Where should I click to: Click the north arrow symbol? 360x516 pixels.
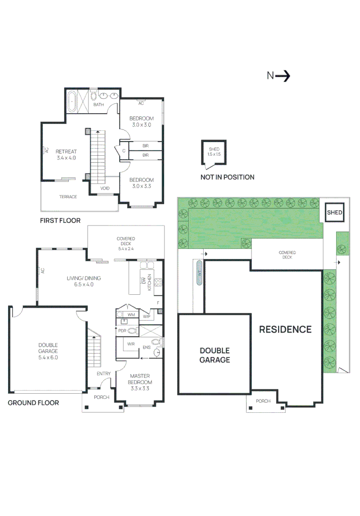coord(283,76)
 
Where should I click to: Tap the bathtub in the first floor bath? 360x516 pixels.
coord(72,101)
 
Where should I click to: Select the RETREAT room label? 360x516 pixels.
coord(66,151)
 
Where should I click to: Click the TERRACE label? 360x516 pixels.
coord(68,197)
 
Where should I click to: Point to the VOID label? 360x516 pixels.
coord(105,188)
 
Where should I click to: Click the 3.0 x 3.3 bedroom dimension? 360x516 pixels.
coord(142,186)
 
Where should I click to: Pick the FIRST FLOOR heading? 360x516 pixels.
coord(60,220)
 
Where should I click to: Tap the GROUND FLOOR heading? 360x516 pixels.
coord(33,403)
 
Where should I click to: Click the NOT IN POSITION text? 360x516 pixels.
coord(227,177)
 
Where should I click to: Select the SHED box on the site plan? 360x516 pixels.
coord(334,212)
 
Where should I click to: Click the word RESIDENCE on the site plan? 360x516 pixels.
coord(285,329)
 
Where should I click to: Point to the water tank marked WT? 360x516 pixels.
coord(199,273)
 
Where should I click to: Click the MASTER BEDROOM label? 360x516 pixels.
coord(140,379)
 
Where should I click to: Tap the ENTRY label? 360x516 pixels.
coord(103,374)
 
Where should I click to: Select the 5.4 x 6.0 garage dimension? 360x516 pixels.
coord(48,357)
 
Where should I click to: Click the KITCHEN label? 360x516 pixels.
coord(149,282)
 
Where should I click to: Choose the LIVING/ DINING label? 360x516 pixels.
coord(84,278)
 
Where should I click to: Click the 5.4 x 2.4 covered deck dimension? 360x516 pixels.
coord(126,249)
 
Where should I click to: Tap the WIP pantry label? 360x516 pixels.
coord(147,316)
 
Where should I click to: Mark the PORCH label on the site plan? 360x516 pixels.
coord(263,401)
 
